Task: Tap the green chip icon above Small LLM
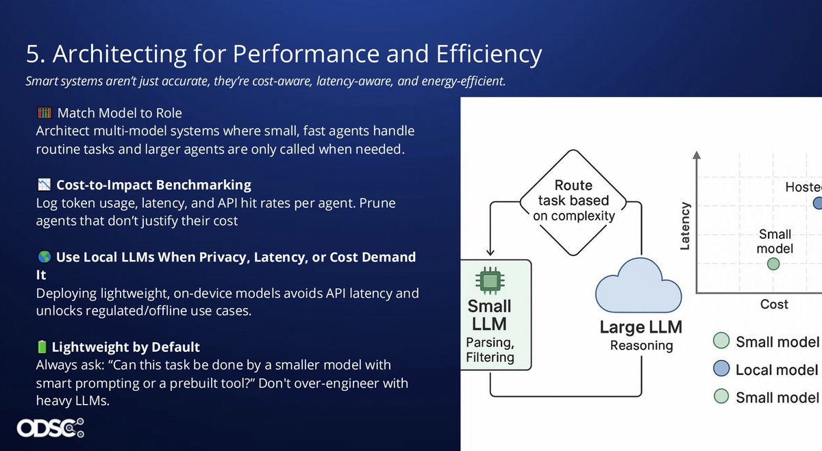[x=489, y=281]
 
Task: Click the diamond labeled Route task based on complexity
[x=574, y=200]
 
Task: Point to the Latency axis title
[x=684, y=226]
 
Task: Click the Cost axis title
[x=774, y=304]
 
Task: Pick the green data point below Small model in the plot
[x=773, y=263]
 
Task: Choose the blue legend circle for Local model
[x=721, y=370]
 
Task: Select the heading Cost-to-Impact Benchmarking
[x=153, y=185]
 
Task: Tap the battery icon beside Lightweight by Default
[x=44, y=346]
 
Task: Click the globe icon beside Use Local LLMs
[x=44, y=257]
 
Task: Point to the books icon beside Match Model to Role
[x=44, y=113]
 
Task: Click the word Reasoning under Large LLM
[x=641, y=346]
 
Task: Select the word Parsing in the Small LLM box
[x=490, y=342]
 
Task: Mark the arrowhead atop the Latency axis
[x=697, y=155]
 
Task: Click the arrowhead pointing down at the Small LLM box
[x=489, y=253]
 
